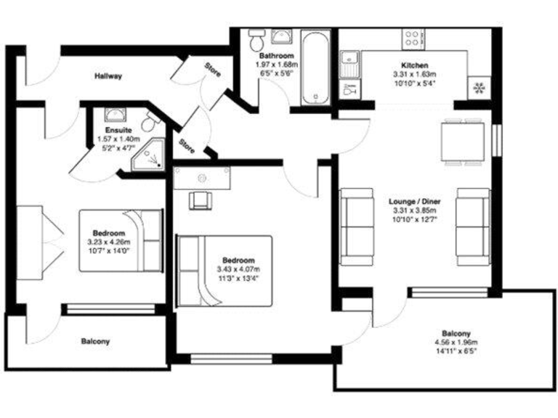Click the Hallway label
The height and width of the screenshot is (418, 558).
click(x=108, y=75)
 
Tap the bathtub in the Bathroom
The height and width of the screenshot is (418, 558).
click(x=316, y=66)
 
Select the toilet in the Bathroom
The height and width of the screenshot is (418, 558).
click(x=256, y=38)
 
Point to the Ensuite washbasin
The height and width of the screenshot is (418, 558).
click(x=113, y=115)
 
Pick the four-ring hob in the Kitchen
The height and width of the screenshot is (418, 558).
click(x=415, y=38)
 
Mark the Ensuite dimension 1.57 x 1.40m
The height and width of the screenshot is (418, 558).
click(x=118, y=139)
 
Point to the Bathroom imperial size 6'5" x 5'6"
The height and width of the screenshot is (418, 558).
click(x=275, y=73)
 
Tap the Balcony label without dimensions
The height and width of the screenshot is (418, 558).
click(x=95, y=341)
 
